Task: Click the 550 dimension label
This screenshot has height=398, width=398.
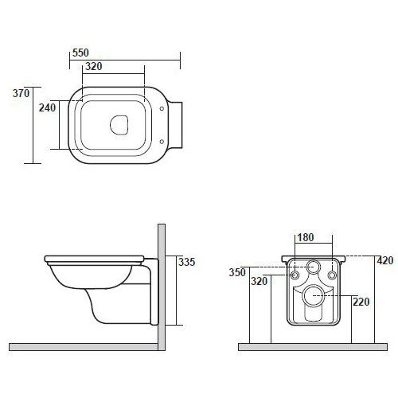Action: click(80, 53)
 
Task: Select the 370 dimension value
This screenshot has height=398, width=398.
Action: click(21, 93)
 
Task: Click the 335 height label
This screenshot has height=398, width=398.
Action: click(187, 261)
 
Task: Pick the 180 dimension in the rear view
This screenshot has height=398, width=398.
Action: click(306, 237)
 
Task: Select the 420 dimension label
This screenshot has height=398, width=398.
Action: click(386, 259)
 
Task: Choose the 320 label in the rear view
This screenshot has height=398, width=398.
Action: click(259, 281)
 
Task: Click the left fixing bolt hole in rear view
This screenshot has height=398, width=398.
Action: click(295, 275)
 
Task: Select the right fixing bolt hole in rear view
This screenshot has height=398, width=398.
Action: click(333, 275)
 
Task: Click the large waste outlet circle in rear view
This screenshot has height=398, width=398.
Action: click(314, 296)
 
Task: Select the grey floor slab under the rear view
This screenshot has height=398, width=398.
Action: click(318, 347)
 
